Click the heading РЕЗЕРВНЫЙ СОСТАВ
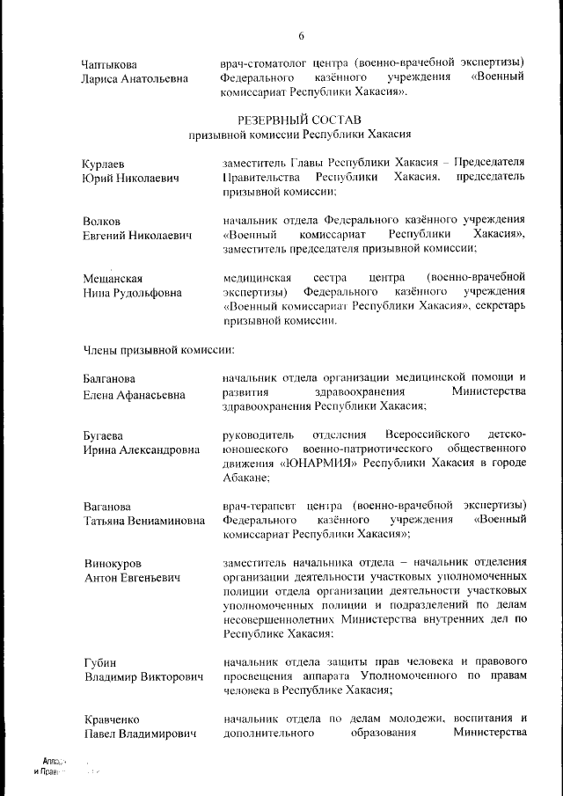click(x=299, y=120)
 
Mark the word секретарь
click(x=501, y=306)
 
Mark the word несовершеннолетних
click(x=284, y=619)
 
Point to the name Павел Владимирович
click(x=139, y=734)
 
